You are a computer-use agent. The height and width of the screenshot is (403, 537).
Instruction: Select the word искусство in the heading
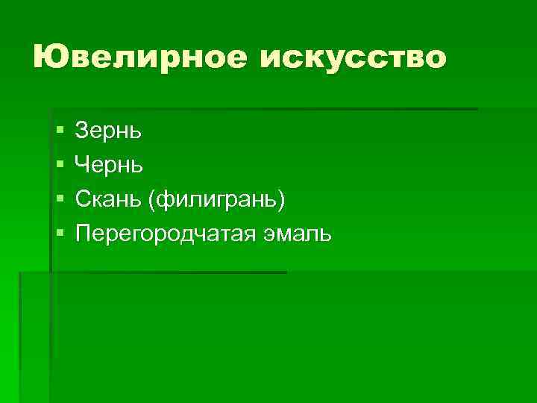(x=354, y=57)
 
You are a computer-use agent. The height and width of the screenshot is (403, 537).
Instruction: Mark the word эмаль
(x=296, y=234)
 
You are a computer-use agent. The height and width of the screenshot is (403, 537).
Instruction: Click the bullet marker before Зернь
(x=59, y=132)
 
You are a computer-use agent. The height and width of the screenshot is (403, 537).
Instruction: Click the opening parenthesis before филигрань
(x=153, y=200)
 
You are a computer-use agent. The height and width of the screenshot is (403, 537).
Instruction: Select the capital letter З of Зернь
(x=81, y=131)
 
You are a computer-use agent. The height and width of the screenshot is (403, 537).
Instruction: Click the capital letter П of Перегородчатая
(x=83, y=234)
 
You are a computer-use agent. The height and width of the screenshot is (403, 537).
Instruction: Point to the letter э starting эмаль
(x=268, y=235)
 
